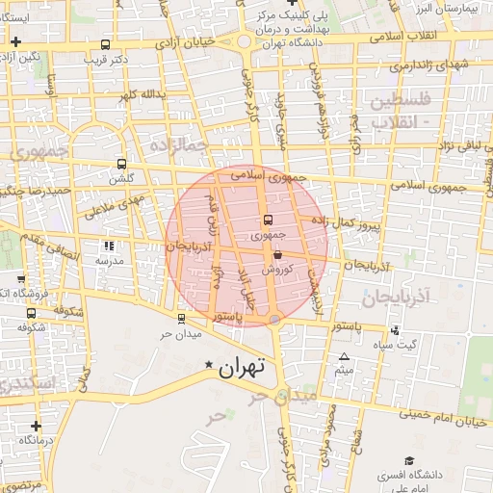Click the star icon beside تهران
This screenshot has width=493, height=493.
point(209,365)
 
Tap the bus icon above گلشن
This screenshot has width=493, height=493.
point(121,164)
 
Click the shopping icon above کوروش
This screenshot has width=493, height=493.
point(278,255)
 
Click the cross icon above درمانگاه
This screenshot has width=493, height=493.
point(36,425)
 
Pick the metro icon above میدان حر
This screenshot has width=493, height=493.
point(182,318)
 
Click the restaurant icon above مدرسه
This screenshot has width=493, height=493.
point(108,246)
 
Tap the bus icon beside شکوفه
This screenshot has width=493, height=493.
point(32,312)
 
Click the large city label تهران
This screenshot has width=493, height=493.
point(241,367)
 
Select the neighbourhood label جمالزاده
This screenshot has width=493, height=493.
point(181,143)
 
